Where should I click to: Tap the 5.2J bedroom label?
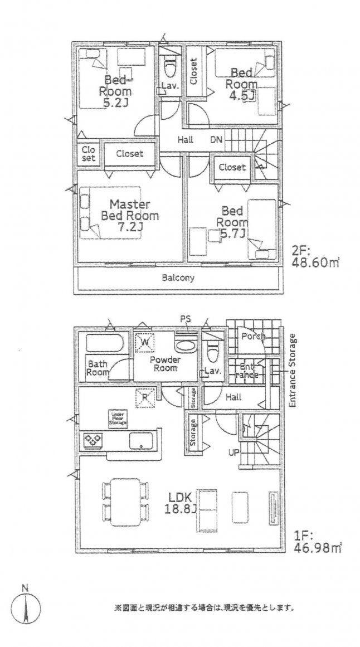pyautogui.click(x=115, y=91)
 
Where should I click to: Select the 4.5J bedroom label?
pyautogui.click(x=241, y=84)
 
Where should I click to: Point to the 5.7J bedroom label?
pyautogui.click(x=232, y=222)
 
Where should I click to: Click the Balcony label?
pyautogui.click(x=178, y=278)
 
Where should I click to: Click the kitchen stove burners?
pyautogui.click(x=91, y=440)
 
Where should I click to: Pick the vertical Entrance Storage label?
pyautogui.click(x=293, y=370)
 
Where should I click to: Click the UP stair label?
pyautogui.click(x=235, y=452)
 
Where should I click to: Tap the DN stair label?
pyautogui.click(x=216, y=140)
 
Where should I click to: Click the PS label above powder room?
pyautogui.click(x=184, y=319)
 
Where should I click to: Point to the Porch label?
pyautogui.click(x=252, y=337)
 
